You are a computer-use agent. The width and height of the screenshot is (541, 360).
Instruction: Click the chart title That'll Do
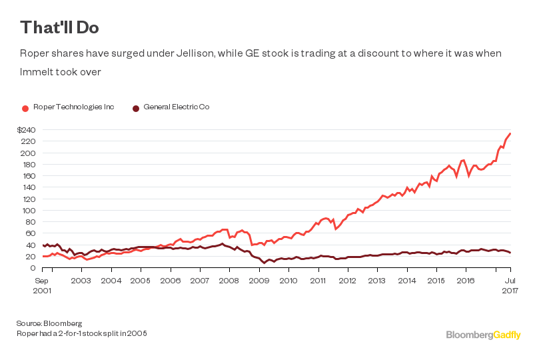(x=60, y=27)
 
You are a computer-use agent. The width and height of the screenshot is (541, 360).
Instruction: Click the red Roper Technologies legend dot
(x=25, y=107)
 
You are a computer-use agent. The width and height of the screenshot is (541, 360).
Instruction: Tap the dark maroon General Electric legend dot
(x=136, y=107)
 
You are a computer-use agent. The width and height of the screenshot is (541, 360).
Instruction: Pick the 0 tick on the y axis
(x=32, y=268)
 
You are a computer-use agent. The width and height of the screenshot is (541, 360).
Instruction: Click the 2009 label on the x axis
(x=259, y=281)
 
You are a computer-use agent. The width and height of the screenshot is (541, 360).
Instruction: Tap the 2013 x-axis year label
(x=376, y=281)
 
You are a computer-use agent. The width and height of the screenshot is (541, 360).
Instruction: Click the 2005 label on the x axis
(x=140, y=281)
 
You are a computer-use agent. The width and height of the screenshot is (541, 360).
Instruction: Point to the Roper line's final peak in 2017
(x=510, y=133)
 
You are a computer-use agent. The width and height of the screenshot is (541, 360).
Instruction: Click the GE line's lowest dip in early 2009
(x=265, y=263)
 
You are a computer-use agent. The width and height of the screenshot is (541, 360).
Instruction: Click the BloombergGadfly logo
(x=483, y=335)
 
